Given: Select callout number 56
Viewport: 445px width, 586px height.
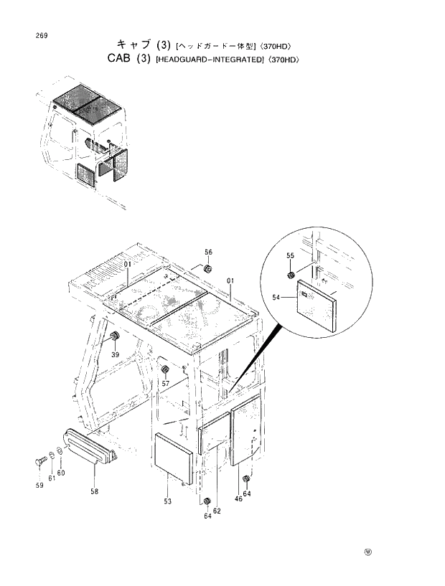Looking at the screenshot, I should pos(208,252).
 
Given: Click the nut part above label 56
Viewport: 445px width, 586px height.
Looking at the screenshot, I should pos(207,269).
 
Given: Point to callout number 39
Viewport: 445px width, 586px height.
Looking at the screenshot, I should pos(114,354).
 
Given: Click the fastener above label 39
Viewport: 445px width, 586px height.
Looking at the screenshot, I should pos(114,337).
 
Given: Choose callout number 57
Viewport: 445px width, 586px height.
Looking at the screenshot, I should pos(166,384).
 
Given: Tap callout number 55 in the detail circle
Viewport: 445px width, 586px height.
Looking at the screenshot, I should pos(291,256).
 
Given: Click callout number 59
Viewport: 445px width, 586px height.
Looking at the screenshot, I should pos(39,486).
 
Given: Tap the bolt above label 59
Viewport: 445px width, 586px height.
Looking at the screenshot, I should pos(39,460).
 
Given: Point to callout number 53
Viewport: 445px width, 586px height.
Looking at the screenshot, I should pos(167,502).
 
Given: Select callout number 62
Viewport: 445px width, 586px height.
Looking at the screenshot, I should pos(217,511).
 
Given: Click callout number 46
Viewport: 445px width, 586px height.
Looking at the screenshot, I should pos(238,498).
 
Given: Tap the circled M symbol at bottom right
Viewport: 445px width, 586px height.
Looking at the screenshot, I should pos(368,552).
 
